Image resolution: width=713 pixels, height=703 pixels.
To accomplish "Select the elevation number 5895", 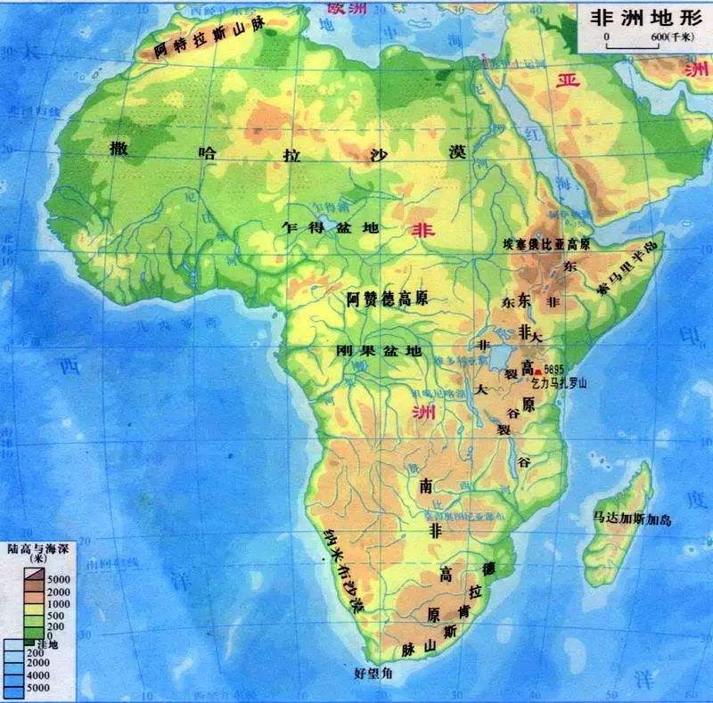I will point(554,369).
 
